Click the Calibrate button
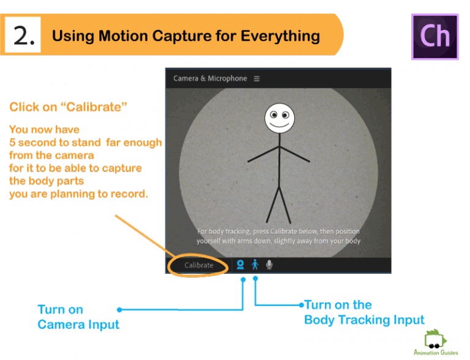(x=199, y=265)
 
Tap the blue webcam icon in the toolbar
(x=241, y=265)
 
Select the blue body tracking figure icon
(x=255, y=265)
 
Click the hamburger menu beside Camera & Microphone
(x=257, y=78)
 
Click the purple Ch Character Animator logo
(x=435, y=36)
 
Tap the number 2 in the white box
(x=24, y=36)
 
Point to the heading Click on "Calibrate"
(x=68, y=107)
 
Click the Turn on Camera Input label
(x=78, y=317)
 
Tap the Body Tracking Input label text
(x=364, y=320)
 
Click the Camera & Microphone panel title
(x=210, y=78)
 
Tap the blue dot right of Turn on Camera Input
(x=119, y=310)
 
